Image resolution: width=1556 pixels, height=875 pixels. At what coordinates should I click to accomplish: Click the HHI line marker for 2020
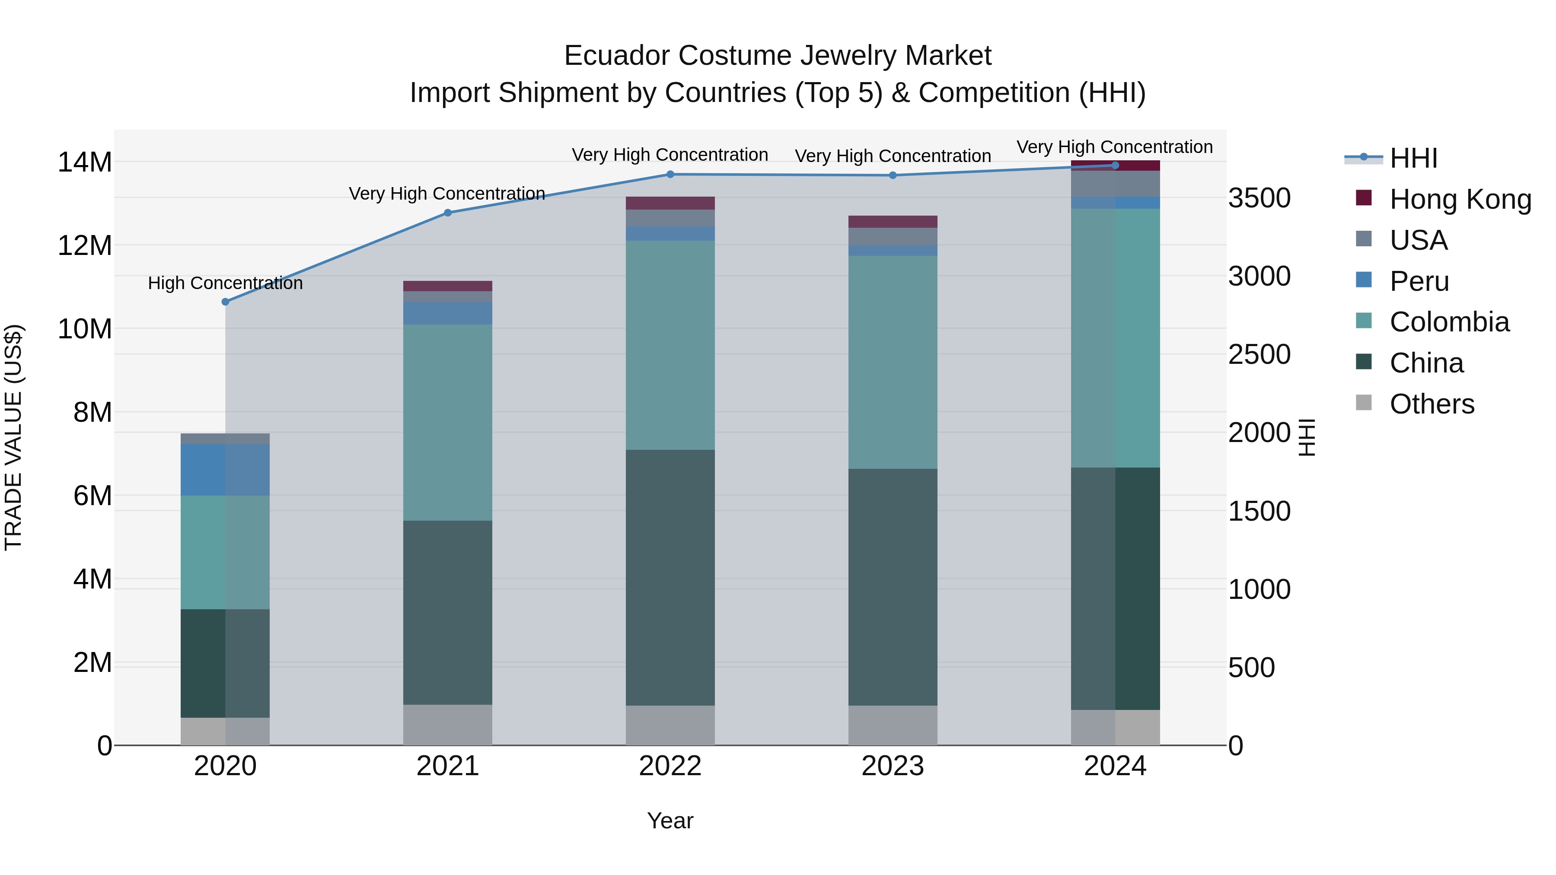tap(225, 301)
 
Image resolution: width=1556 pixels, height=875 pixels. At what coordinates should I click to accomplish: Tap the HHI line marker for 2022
tap(670, 175)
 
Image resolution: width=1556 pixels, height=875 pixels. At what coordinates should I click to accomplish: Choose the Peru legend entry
tap(1419, 281)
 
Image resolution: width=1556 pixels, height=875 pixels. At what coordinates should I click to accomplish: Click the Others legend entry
tap(1432, 404)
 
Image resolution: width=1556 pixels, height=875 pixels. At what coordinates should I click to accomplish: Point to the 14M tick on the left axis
tap(85, 162)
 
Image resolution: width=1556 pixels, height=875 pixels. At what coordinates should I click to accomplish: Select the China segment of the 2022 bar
tap(670, 577)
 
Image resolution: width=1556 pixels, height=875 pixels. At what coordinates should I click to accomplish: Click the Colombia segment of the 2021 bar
tap(448, 423)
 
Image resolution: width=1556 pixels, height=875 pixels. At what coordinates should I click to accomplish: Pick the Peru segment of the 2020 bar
tap(225, 470)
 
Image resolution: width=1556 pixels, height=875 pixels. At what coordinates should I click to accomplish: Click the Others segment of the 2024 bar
tap(1115, 727)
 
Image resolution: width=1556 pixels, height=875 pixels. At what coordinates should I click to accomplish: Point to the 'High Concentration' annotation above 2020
tap(225, 283)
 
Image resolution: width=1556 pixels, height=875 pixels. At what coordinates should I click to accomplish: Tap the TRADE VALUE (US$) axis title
tap(13, 437)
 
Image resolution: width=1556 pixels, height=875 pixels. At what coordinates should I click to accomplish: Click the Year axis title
tap(670, 821)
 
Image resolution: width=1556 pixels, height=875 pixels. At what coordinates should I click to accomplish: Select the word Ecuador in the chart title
tap(616, 56)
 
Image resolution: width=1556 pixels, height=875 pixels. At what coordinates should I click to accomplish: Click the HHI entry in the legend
tap(1413, 158)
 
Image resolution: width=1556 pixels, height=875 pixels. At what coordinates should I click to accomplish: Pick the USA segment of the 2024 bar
tap(1115, 184)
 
